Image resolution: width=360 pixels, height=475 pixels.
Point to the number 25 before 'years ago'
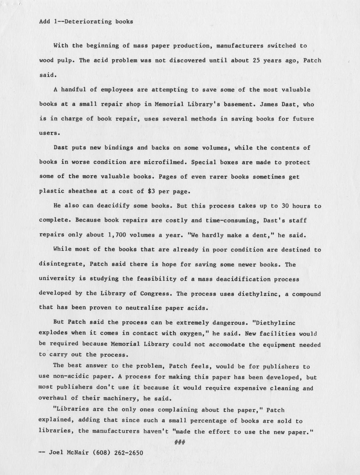[x=256, y=60]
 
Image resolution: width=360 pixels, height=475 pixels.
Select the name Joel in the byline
[x=56, y=453]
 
